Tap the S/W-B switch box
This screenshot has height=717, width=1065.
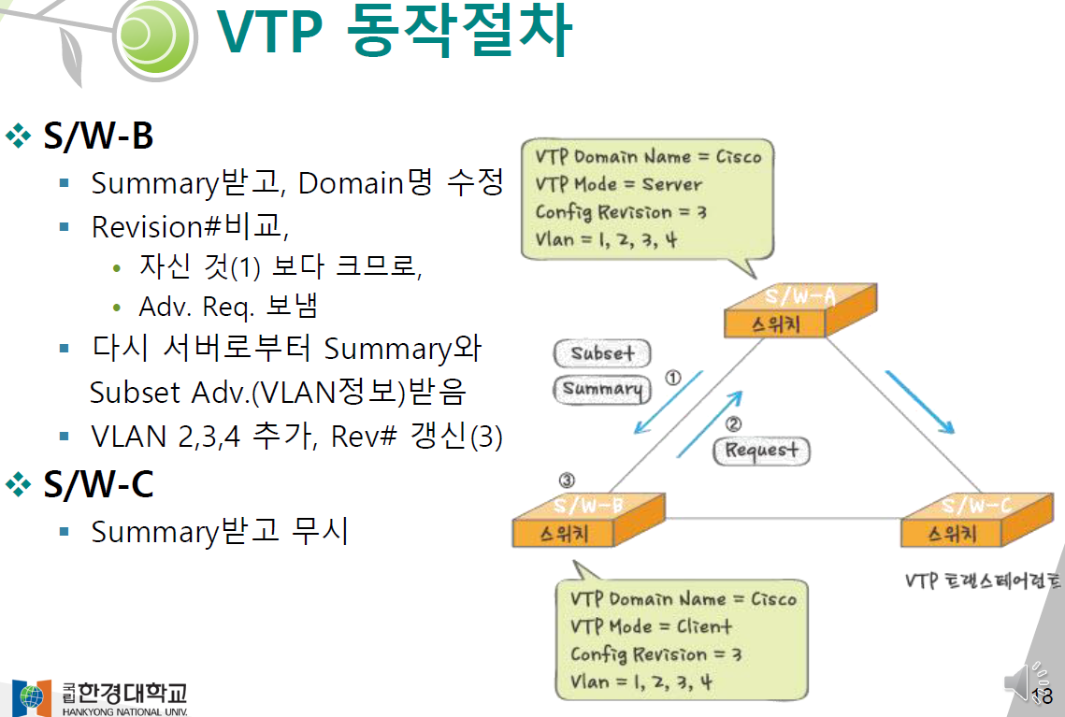pyautogui.click(x=588, y=521)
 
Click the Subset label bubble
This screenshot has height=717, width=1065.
pyautogui.click(x=602, y=353)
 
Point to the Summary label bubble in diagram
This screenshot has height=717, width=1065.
pyautogui.click(x=602, y=389)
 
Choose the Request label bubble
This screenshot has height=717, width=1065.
pyautogui.click(x=762, y=451)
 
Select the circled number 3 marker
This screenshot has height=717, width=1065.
pyautogui.click(x=567, y=480)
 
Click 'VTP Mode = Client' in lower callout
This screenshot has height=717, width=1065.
pyautogui.click(x=651, y=626)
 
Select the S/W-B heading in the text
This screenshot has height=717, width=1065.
pyautogui.click(x=98, y=136)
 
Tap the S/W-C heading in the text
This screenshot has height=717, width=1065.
pyautogui.click(x=98, y=484)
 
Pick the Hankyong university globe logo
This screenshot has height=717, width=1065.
pyautogui.click(x=32, y=696)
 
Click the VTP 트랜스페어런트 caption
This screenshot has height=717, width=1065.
pyautogui.click(x=983, y=581)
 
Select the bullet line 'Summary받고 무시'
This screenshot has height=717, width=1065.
pyautogui.click(x=220, y=532)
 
